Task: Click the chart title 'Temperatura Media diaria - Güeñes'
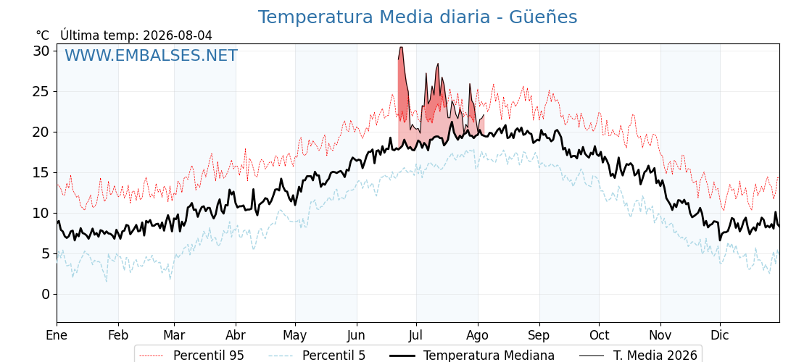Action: click(418, 17)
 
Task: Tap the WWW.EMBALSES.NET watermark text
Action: click(152, 55)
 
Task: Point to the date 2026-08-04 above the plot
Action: click(178, 35)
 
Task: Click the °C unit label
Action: click(43, 35)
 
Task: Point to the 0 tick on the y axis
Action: click(46, 294)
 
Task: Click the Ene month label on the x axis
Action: click(57, 336)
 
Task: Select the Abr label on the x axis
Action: click(236, 336)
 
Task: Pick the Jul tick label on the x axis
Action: click(417, 336)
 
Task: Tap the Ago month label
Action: click(478, 336)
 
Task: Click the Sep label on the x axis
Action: click(539, 336)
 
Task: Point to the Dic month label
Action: click(720, 336)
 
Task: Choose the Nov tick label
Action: click(660, 336)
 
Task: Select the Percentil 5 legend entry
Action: click(318, 355)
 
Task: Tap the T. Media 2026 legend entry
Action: click(639, 355)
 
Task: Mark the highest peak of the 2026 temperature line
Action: click(401, 47)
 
